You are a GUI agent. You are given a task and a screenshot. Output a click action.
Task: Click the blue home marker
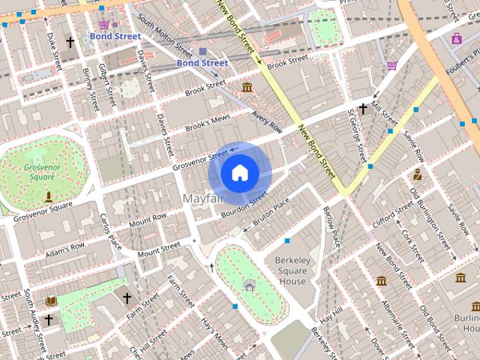click(x=239, y=172)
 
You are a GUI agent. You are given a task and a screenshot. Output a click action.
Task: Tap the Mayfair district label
click(x=205, y=198)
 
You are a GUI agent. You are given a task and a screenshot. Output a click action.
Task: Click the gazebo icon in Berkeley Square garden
click(x=250, y=284)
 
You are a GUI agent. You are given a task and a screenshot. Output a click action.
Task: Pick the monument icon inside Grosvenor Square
click(x=49, y=196)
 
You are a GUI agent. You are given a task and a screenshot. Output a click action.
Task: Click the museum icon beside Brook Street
click(x=247, y=88)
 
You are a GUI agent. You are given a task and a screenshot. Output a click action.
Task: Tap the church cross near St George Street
click(x=363, y=109)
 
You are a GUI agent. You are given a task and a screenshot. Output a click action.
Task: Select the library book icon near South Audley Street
click(x=51, y=300)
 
